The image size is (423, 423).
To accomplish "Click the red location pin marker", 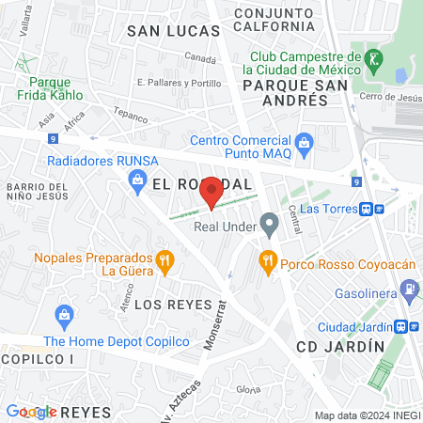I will click(211, 192).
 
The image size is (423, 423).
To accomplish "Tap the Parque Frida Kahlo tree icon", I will click(23, 64).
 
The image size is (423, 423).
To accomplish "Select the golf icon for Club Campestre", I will click(375, 59).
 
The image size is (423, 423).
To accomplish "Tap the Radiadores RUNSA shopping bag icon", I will click(138, 178).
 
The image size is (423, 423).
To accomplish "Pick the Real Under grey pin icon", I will click(270, 226).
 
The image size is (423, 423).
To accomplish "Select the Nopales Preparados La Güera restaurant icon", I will click(164, 260).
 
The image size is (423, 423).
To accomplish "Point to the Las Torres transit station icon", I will click(373, 209).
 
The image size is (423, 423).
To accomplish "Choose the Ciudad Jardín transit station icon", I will click(401, 327).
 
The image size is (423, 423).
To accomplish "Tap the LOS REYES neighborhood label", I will click(169, 305).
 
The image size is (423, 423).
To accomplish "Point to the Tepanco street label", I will click(132, 117).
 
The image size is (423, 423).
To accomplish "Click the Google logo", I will click(30, 412).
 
